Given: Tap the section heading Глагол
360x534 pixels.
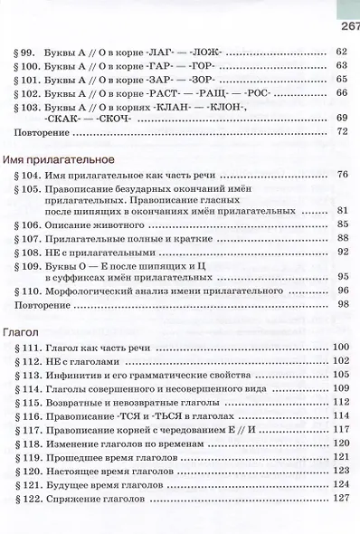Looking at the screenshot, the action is [x=21, y=331].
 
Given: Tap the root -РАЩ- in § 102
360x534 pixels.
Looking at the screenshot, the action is [x=211, y=93].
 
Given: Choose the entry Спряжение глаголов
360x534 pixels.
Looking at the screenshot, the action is [x=109, y=498].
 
